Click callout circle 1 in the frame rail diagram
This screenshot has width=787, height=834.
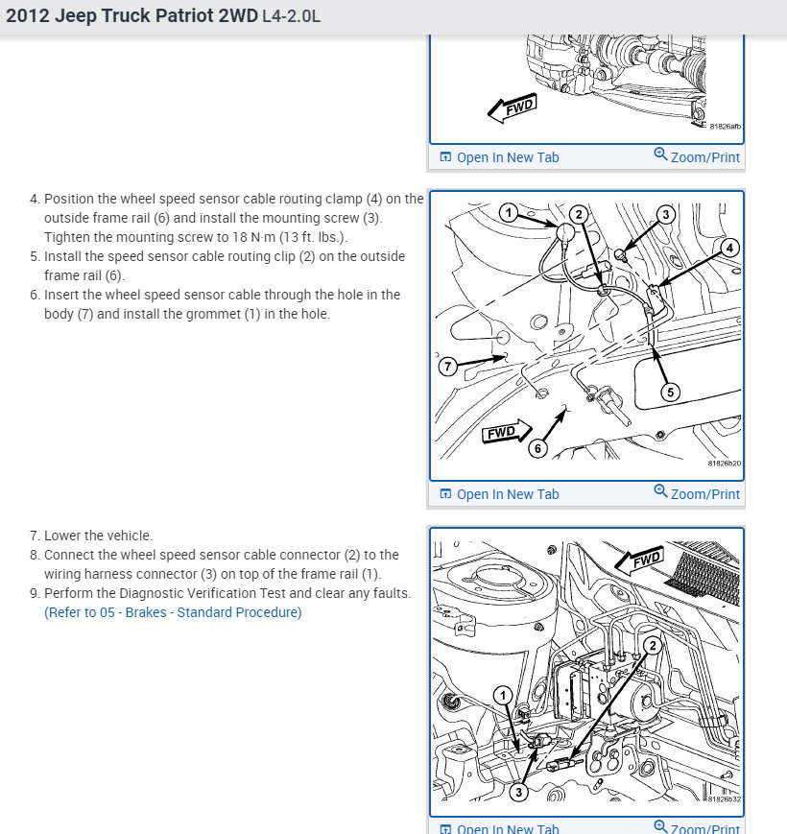pos(509,212)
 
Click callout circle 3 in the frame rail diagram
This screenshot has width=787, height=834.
pos(665,215)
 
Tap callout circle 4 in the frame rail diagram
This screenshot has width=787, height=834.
pos(730,248)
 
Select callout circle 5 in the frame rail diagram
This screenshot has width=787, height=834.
pos(671,391)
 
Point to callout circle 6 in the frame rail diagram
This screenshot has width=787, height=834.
pos(537,448)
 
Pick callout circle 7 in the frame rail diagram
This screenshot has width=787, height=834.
pos(447,366)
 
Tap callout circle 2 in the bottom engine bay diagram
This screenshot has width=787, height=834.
pos(652,646)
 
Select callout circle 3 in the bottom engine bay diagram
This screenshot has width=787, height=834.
pos(518,792)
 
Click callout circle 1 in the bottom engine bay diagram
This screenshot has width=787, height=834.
pos(501,695)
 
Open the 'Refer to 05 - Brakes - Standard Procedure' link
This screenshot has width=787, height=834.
pos(173,612)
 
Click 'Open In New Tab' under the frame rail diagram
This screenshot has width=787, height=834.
pos(499,494)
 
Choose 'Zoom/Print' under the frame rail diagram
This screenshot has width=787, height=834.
pos(697,493)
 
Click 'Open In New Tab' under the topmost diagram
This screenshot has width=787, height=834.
pos(499,157)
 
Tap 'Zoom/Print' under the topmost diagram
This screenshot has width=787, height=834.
pos(697,156)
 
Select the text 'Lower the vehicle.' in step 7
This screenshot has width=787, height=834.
pos(98,536)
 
